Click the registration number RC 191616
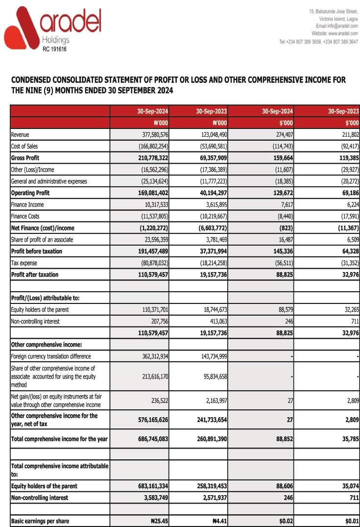click(54, 49)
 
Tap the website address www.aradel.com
click(343, 33)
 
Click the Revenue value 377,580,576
click(152, 134)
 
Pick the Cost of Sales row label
click(24, 146)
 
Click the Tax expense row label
click(24, 263)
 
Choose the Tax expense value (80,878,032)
click(151, 263)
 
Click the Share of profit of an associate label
click(42, 240)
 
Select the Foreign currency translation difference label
click(51, 356)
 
